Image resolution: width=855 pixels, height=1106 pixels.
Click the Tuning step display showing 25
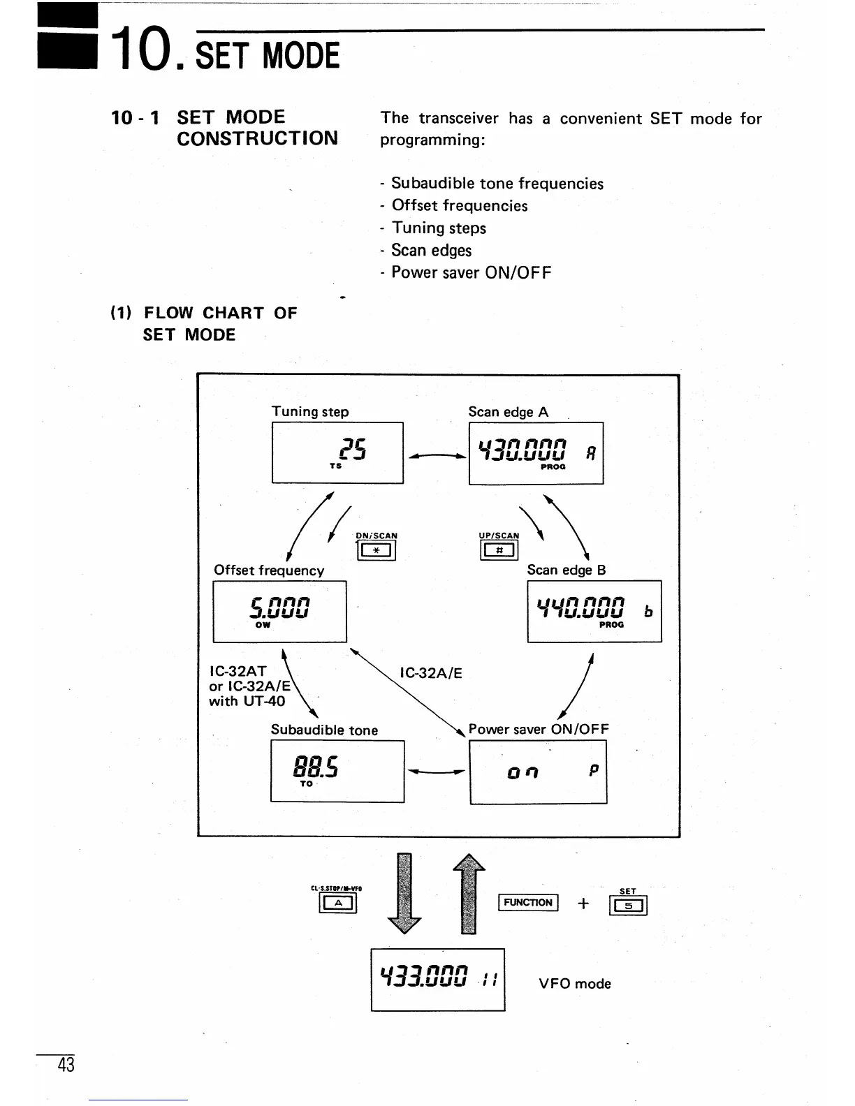337,452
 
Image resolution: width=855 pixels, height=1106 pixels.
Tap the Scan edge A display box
536,453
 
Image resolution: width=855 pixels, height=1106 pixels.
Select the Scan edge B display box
594,611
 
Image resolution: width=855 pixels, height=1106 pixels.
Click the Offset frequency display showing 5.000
279,611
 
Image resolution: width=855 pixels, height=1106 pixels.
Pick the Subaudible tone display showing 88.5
337,771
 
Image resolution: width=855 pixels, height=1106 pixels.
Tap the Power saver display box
538,772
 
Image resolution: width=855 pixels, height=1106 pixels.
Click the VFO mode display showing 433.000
437,979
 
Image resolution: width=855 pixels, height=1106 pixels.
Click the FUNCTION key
528,903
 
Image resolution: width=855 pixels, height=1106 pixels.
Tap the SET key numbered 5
628,906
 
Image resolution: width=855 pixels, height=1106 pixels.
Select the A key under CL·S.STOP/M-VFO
338,904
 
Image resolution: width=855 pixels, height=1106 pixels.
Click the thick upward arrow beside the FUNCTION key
469,893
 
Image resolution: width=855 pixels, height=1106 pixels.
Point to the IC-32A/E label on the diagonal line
431,673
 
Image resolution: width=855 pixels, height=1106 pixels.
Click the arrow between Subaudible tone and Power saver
437,772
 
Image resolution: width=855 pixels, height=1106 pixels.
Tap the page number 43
66,1065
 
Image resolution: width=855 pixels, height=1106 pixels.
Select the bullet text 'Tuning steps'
439,228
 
